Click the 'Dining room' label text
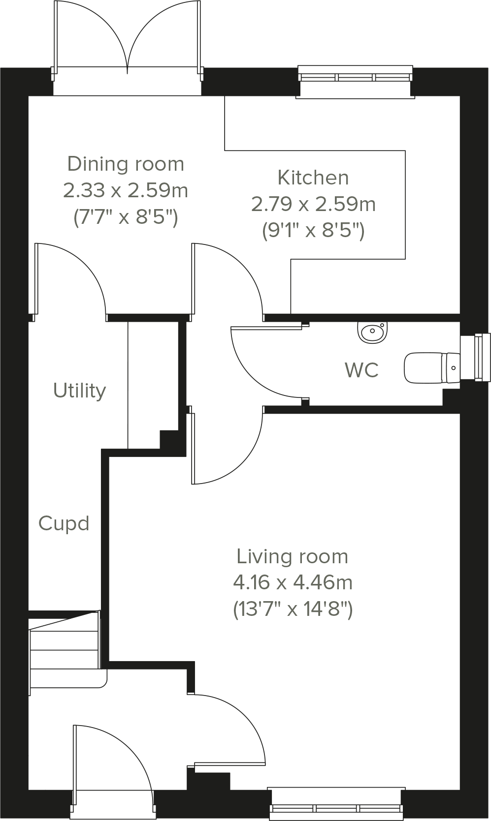coord(126,164)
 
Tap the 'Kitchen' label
coord(313,178)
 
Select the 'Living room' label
coord(293,556)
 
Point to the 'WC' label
coord(362,370)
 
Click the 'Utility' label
coord(79,391)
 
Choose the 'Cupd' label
coord(64,523)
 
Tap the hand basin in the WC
coord(372,332)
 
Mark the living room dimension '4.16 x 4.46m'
coord(293,582)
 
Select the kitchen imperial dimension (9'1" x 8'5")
coord(313,230)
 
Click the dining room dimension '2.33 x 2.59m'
coord(126,190)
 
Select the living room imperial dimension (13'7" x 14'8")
coord(293,609)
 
